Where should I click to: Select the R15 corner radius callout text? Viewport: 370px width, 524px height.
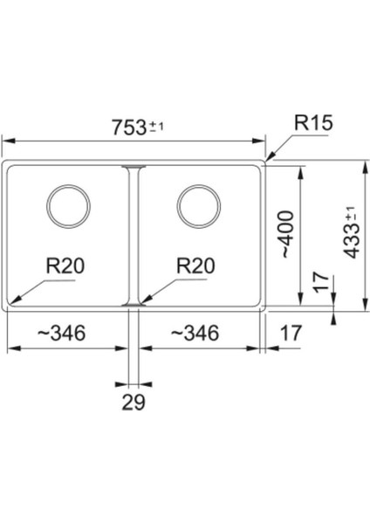point(312,125)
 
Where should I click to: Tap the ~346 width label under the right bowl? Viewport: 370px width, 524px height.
point(195,333)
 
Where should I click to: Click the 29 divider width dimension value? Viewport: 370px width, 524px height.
point(134,403)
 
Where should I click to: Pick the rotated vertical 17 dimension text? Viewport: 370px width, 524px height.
point(321,282)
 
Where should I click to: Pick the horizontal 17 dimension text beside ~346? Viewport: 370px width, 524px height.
point(292,333)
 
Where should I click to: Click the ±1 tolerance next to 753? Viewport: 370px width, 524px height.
point(158,126)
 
